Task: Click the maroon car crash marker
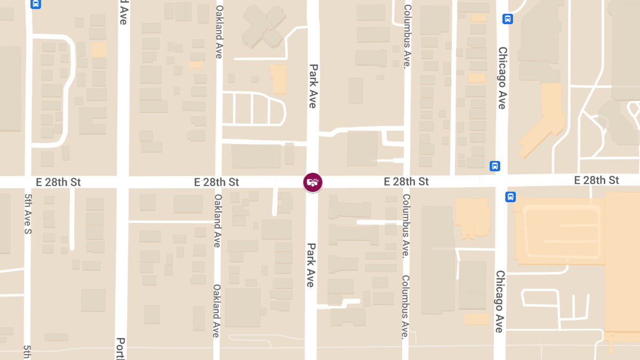[313, 182]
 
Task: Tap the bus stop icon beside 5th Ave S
[36, 4]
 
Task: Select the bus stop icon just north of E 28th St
[495, 166]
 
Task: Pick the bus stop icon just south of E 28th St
[510, 197]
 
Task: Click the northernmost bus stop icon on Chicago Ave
[508, 19]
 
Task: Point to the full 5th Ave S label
[28, 213]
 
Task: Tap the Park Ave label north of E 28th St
[313, 86]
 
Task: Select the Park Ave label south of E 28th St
[310, 265]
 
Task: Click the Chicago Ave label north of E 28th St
[502, 78]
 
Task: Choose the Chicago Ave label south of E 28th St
[499, 301]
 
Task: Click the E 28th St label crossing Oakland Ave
[217, 182]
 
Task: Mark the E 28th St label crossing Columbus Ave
[406, 182]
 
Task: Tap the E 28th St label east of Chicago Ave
[596, 180]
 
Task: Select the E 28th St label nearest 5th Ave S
[58, 182]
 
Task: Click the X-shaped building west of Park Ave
[264, 27]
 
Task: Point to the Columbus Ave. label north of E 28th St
[407, 36]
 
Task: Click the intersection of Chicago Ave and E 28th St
[501, 181]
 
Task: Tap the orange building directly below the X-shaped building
[278, 79]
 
